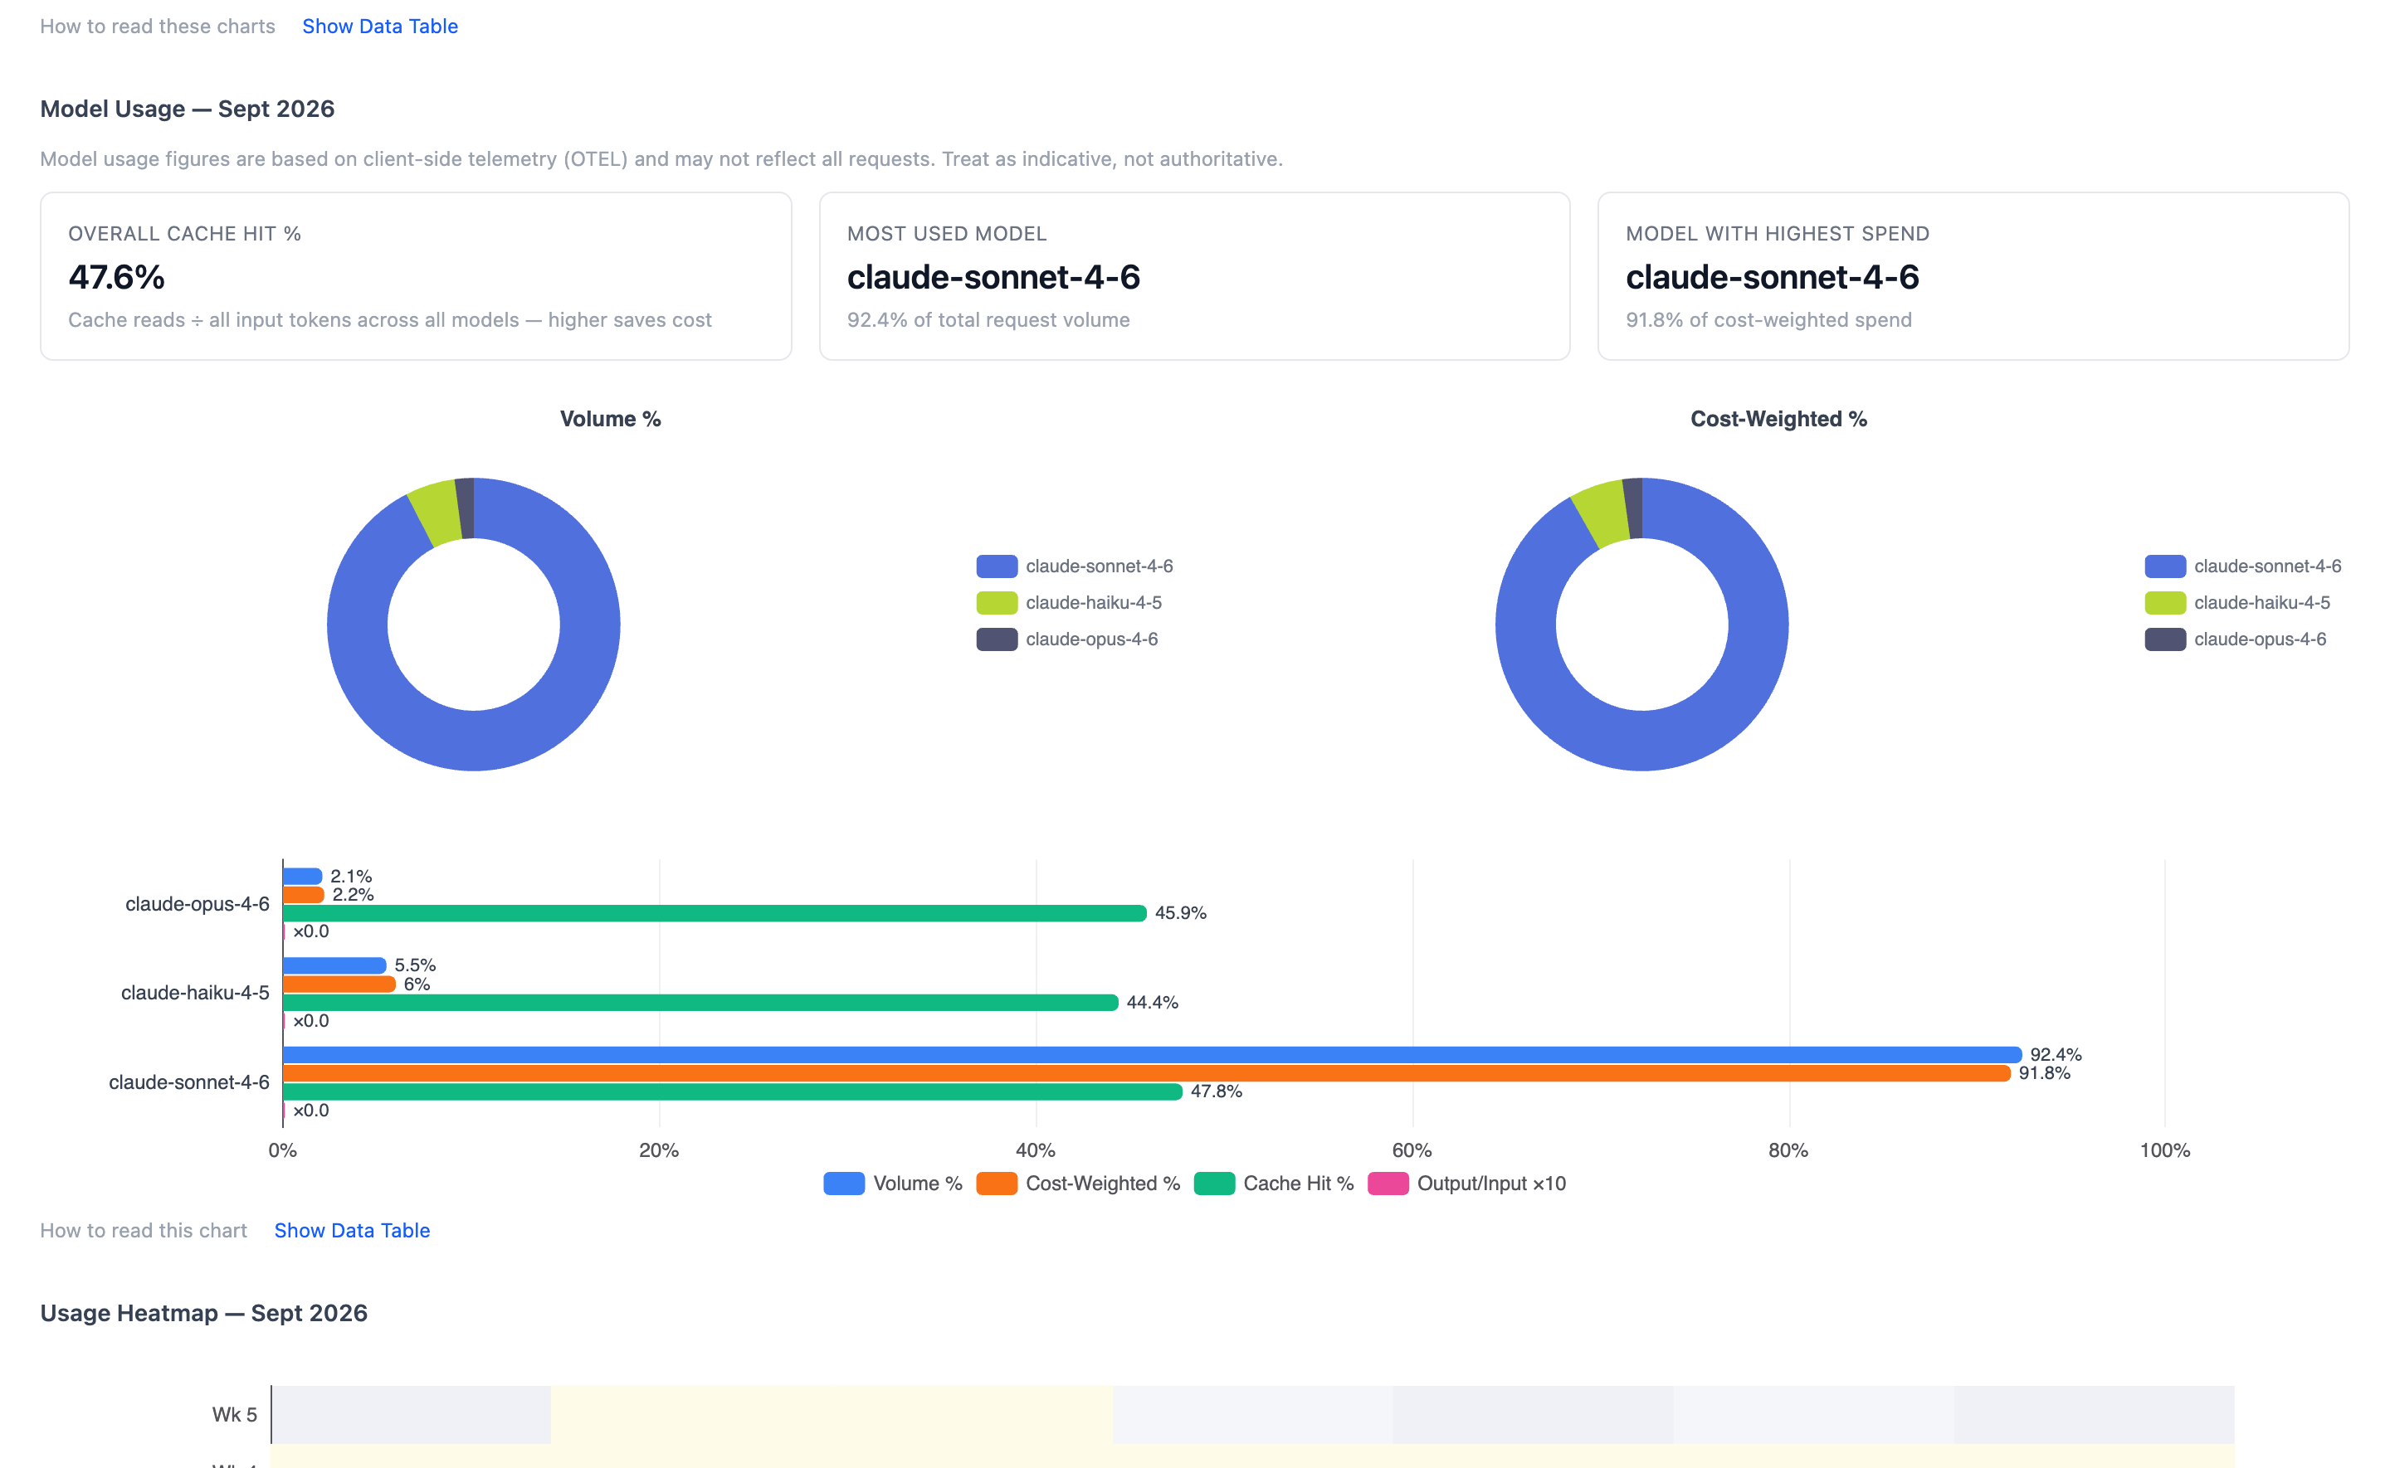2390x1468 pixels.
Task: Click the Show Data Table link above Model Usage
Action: pyautogui.click(x=380, y=27)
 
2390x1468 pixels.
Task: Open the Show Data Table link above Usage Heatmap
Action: pyautogui.click(x=352, y=1230)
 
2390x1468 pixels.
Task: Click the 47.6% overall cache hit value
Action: pyautogui.click(x=116, y=277)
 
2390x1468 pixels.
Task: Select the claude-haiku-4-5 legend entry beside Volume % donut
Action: pyautogui.click(x=1069, y=602)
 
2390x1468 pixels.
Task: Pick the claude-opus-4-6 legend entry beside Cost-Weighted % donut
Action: pyautogui.click(x=2236, y=639)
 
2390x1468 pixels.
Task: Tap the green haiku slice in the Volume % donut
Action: pyautogui.click(x=434, y=512)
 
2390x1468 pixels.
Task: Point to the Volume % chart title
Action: pyautogui.click(x=610, y=419)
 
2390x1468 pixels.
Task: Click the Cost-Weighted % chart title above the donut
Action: pyautogui.click(x=1778, y=419)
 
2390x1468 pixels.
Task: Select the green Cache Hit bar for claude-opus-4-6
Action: pyautogui.click(x=715, y=912)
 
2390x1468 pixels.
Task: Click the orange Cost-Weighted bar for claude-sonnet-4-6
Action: pyautogui.click(x=1147, y=1073)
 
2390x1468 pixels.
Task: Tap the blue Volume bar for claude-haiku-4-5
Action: pyautogui.click(x=334, y=965)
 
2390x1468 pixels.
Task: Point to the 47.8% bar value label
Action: pyautogui.click(x=1216, y=1091)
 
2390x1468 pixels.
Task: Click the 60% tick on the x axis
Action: pyautogui.click(x=1412, y=1150)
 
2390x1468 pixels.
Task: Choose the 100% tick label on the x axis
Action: pyautogui.click(x=2165, y=1150)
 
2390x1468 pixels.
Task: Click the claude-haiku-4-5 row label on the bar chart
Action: pyautogui.click(x=195, y=992)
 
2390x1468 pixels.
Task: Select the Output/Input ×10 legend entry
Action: pyautogui.click(x=1466, y=1184)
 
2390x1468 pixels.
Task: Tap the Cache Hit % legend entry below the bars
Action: pyautogui.click(x=1273, y=1184)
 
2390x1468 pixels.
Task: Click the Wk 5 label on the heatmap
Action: pyautogui.click(x=235, y=1415)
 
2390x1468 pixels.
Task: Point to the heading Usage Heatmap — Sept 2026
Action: pyautogui.click(x=204, y=1313)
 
